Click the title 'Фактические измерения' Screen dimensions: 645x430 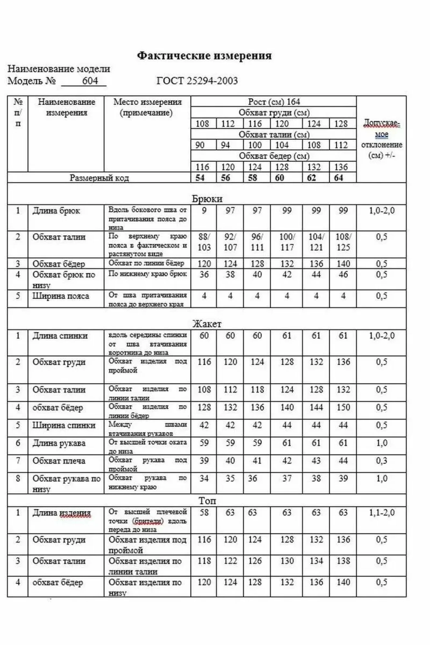(204, 55)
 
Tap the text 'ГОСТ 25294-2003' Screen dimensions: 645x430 (197, 80)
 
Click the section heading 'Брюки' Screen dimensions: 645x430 (207, 199)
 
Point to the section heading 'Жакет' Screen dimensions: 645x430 (207, 323)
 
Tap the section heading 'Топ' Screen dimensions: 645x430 (207, 501)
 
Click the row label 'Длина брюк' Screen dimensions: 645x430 (56, 211)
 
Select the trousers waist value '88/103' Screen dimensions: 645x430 (204, 242)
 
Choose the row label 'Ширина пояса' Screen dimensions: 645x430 (61, 296)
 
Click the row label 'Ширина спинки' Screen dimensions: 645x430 (64, 425)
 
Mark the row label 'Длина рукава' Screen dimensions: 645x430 (59, 443)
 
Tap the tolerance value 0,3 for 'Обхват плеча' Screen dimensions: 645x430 (381, 461)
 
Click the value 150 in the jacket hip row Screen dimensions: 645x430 (343, 407)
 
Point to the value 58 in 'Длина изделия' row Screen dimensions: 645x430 (204, 512)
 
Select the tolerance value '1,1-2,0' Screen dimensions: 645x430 (381, 512)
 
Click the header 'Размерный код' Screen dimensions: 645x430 (99, 178)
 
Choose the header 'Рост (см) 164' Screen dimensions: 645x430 (274, 102)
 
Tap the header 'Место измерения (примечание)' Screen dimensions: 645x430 (147, 107)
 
